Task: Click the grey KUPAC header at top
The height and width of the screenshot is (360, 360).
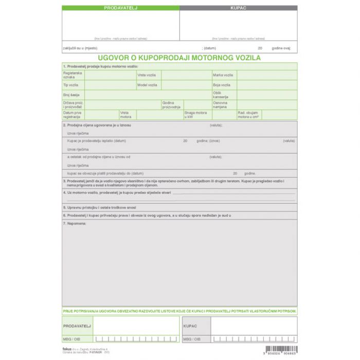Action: pyautogui.click(x=238, y=8)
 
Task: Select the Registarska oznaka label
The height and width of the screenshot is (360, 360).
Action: pyautogui.click(x=69, y=75)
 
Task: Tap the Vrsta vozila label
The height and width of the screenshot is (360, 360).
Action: pyautogui.click(x=147, y=75)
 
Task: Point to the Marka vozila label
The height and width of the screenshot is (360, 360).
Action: pyautogui.click(x=222, y=75)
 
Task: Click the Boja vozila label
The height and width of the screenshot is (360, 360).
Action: pyautogui.click(x=222, y=85)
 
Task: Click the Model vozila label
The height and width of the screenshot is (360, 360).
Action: pyautogui.click(x=147, y=85)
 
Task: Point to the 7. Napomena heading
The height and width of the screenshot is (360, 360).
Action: pyautogui.click(x=75, y=223)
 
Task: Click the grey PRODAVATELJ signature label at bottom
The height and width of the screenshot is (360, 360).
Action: pyautogui.click(x=77, y=326)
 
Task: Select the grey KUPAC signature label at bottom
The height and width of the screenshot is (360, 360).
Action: pyautogui.click(x=190, y=326)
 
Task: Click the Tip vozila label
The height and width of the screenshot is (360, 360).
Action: pyautogui.click(x=70, y=85)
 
